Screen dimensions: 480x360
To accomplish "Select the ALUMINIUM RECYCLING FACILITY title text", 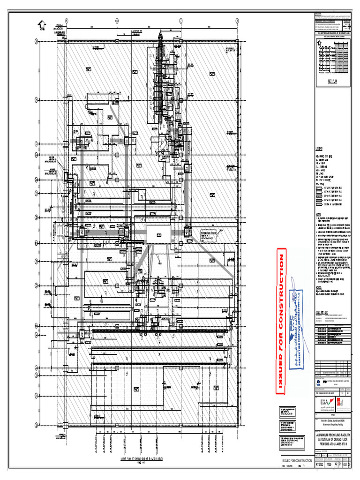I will [x=333, y=435].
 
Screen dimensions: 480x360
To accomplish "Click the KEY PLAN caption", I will [x=333, y=81].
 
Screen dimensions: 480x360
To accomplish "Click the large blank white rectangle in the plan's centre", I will [x=158, y=234].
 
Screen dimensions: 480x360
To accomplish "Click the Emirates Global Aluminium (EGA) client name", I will [x=333, y=422].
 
